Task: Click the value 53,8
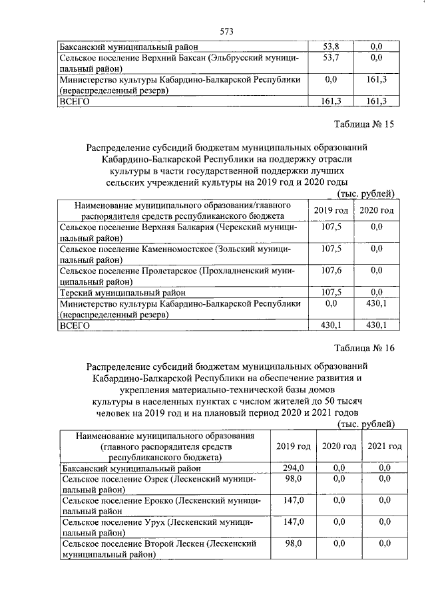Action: pos(330,47)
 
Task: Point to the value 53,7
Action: pos(330,59)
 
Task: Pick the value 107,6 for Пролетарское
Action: pos(331,271)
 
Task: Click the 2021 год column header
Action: pos(384,446)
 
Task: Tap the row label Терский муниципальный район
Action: pos(122,292)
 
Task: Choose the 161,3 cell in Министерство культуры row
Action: pos(376,80)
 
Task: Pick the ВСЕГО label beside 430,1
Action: pos(75,325)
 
